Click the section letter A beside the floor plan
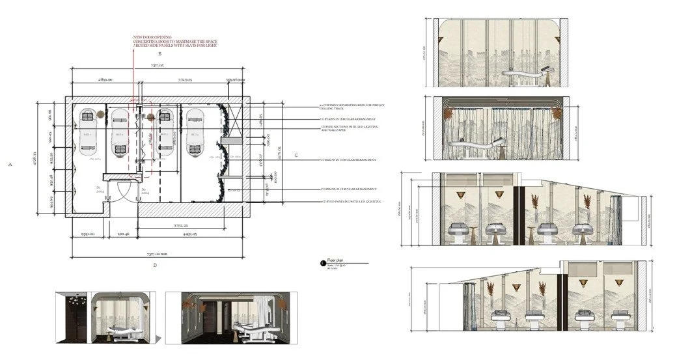tap(10, 165)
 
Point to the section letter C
tap(296, 155)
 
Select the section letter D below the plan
tap(155, 265)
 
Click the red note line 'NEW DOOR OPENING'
tap(149, 37)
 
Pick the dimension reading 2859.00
tap(105, 79)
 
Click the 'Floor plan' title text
tap(337, 259)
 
